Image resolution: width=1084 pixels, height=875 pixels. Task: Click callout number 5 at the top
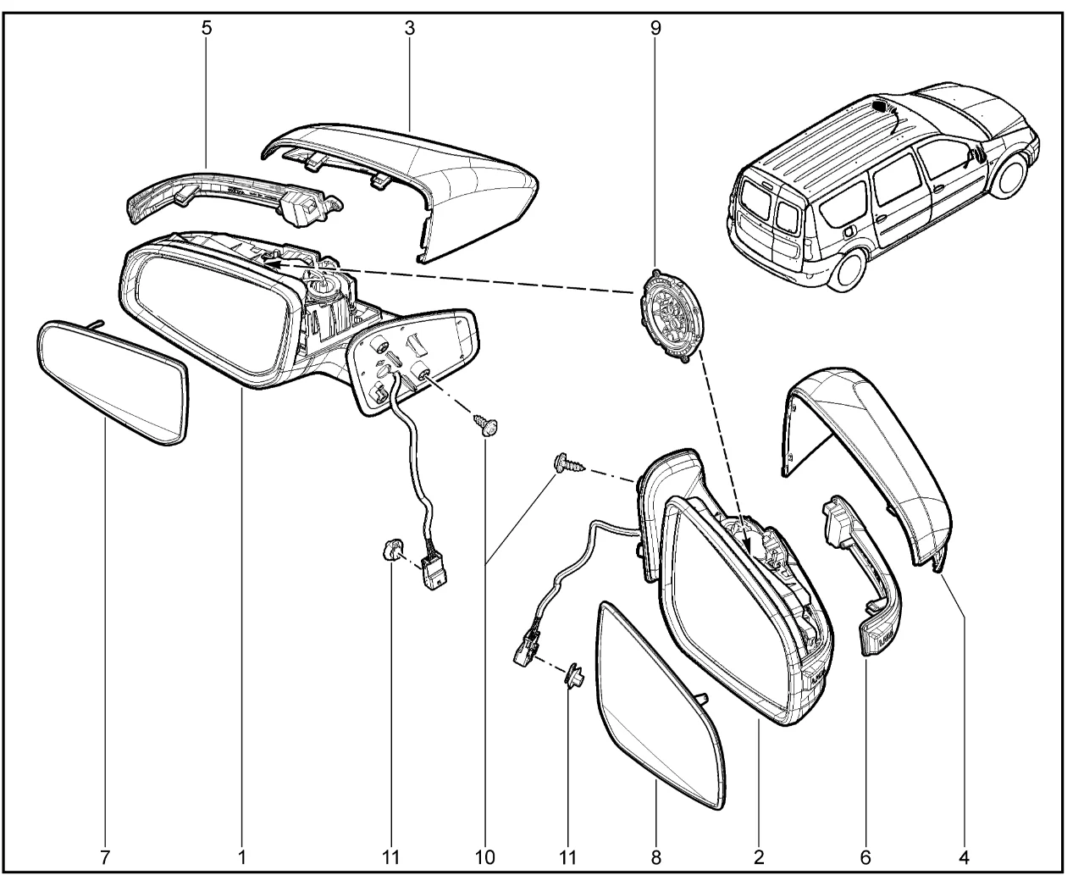click(x=207, y=27)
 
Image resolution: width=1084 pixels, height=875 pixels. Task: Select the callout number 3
click(x=409, y=27)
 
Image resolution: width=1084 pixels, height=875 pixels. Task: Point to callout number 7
click(x=105, y=856)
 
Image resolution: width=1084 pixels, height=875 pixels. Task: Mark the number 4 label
click(x=965, y=856)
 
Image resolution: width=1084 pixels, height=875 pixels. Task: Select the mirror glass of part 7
click(x=112, y=380)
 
